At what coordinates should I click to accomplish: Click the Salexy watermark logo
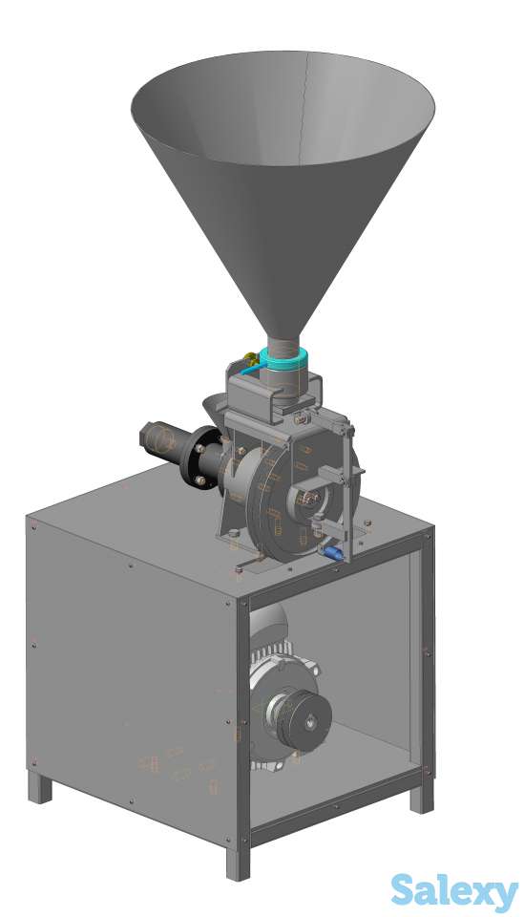coord(454,892)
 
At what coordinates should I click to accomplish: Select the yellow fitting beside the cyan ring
coord(251,356)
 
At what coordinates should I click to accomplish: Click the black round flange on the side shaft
coord(198,457)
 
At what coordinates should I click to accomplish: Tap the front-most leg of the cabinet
coord(238,864)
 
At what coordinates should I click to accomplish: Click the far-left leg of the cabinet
coord(40,786)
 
